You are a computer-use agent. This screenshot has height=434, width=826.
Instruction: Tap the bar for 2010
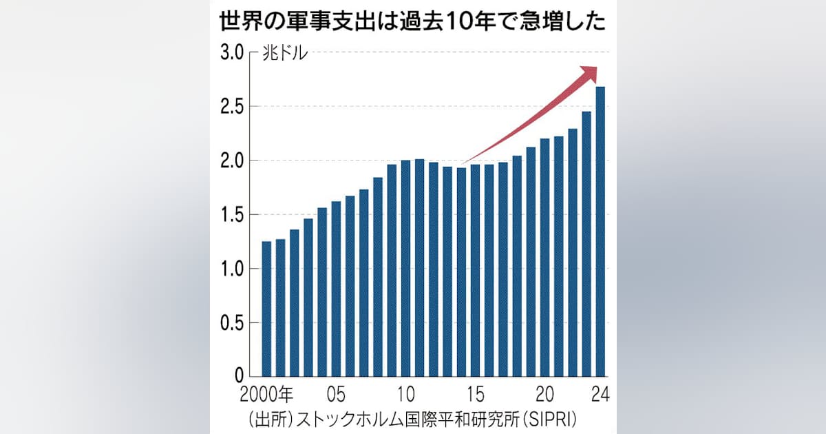405,268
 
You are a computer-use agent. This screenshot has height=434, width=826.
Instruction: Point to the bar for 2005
336,289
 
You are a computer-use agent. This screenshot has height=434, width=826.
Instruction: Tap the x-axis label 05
336,395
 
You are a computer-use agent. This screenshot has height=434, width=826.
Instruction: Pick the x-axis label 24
600,395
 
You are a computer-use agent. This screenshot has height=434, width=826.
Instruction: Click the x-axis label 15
475,395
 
